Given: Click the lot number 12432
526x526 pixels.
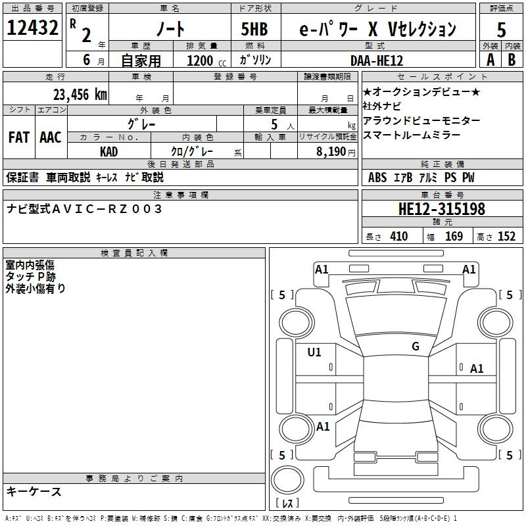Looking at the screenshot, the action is click(x=32, y=28).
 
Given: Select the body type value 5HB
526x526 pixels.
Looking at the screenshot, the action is click(x=254, y=29).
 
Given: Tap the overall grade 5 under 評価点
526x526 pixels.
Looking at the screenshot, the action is click(x=501, y=30).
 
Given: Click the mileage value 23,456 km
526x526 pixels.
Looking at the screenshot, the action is click(x=80, y=95).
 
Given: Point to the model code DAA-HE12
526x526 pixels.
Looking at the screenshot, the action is click(x=377, y=60).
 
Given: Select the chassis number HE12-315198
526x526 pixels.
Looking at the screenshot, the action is click(x=442, y=209).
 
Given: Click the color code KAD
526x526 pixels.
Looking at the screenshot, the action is click(x=108, y=152).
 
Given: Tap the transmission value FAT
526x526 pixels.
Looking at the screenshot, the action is click(x=19, y=137).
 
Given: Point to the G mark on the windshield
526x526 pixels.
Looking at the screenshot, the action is click(x=416, y=347).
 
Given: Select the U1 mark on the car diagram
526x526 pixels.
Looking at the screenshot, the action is click(x=314, y=352).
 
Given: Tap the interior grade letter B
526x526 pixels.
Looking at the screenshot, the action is click(x=512, y=60).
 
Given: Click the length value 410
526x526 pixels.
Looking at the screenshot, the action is click(x=399, y=236).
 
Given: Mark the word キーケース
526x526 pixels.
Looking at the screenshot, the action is click(x=34, y=492).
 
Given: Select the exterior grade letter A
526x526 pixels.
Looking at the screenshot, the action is click(x=490, y=60).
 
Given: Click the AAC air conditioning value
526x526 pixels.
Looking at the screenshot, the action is click(x=51, y=137).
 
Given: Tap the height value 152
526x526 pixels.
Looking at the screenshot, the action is click(x=506, y=236).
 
